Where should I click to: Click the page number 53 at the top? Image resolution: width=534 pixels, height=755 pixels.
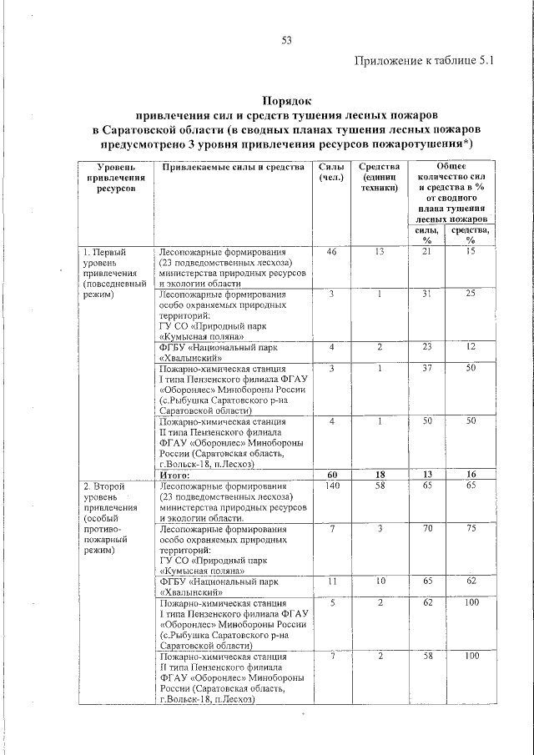pyautogui.click(x=286, y=39)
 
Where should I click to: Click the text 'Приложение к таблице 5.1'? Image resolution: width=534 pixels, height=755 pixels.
pyautogui.click(x=426, y=61)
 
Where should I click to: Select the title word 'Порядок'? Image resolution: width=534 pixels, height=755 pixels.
pyautogui.click(x=287, y=98)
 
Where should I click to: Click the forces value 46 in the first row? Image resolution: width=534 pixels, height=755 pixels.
pyautogui.click(x=331, y=251)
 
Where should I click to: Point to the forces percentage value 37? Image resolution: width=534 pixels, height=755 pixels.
pyautogui.click(x=426, y=368)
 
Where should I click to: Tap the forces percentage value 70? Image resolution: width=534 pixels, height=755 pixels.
pyautogui.click(x=426, y=528)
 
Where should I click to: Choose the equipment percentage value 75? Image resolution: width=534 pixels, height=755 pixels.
pyautogui.click(x=471, y=528)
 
